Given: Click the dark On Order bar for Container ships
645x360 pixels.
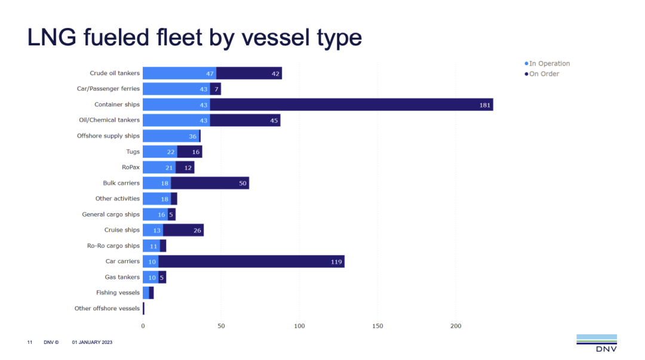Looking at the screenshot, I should click(351, 104).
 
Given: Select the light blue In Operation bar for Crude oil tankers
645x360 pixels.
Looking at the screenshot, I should click(179, 73).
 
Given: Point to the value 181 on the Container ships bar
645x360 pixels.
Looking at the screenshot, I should click(485, 105).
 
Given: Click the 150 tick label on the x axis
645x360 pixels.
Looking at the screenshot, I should click(377, 326).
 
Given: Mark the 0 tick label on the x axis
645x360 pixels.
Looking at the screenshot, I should click(143, 326).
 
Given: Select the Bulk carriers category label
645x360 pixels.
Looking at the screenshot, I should click(121, 183).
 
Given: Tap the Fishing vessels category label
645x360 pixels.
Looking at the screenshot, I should click(118, 293).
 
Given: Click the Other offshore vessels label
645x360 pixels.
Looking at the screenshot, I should click(107, 309).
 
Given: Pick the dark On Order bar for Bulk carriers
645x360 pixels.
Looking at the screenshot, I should click(210, 183).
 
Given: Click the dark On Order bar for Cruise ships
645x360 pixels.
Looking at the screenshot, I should click(183, 230).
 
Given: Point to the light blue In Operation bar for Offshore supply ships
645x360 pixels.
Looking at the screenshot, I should click(171, 136).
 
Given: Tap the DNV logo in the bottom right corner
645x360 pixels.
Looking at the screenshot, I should click(596, 343).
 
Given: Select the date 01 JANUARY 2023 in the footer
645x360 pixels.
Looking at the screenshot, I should click(92, 342).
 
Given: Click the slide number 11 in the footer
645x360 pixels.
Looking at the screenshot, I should click(29, 342).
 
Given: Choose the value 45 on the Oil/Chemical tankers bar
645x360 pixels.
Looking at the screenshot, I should click(274, 121).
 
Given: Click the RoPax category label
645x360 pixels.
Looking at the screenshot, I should click(131, 168).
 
